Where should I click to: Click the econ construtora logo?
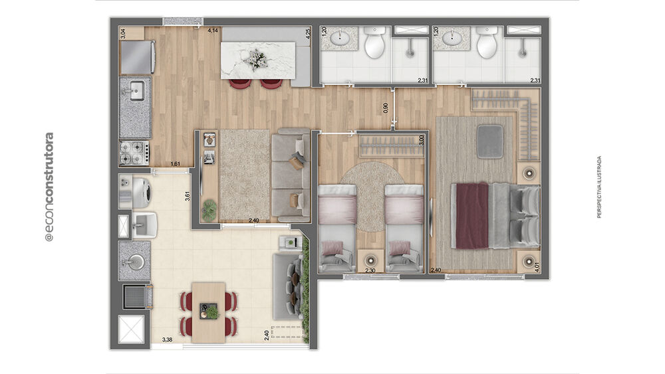(x=49, y=187)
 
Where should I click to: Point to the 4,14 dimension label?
(x=213, y=31)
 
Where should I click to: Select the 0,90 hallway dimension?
(x=386, y=108)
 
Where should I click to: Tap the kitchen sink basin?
(x=136, y=91)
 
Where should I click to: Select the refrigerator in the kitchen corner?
(x=136, y=57)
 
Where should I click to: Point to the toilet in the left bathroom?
(x=374, y=44)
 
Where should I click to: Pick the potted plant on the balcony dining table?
(x=212, y=311)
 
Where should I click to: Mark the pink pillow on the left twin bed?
(x=331, y=248)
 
